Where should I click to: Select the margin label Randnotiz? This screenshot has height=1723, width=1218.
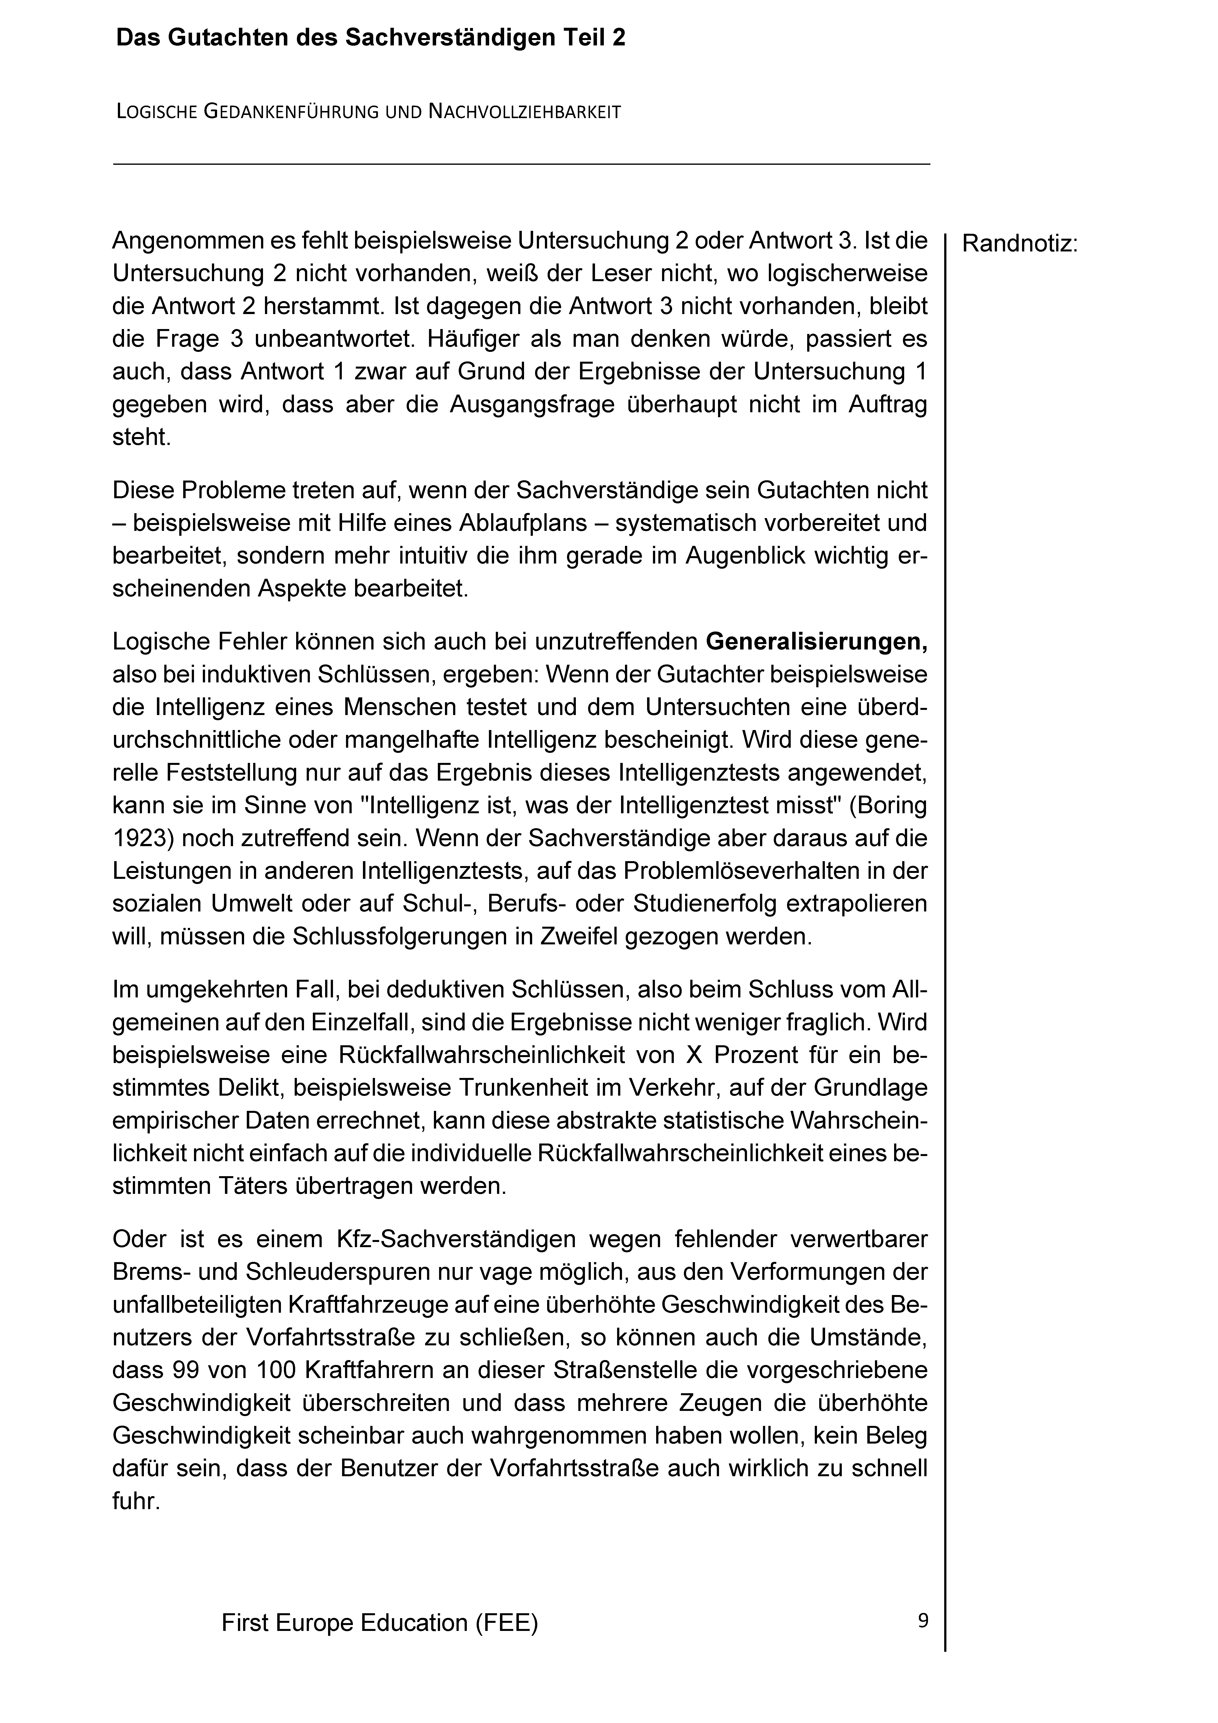(1019, 244)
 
